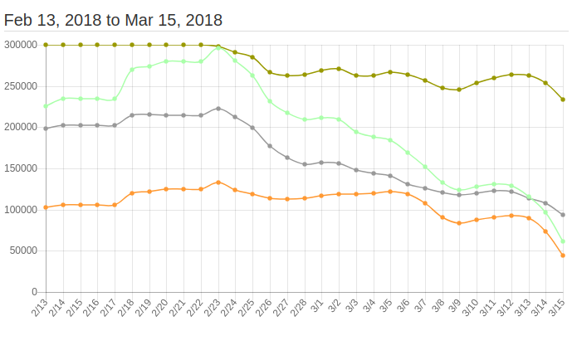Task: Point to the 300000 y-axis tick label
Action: coord(20,45)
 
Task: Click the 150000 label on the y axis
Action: coord(20,168)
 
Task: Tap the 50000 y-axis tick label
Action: coord(22,251)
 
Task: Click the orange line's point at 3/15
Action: coord(563,255)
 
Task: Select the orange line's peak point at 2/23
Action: coord(218,182)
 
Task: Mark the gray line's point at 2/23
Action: coord(218,109)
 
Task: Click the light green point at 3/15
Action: coord(563,241)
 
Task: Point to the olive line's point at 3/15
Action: coord(563,100)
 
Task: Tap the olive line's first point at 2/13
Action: coord(46,45)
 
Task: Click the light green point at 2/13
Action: coord(46,106)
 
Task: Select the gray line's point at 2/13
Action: coord(46,129)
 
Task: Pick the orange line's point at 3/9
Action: coord(459,223)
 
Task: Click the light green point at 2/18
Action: coord(132,69)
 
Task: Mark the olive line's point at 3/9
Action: coord(459,90)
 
